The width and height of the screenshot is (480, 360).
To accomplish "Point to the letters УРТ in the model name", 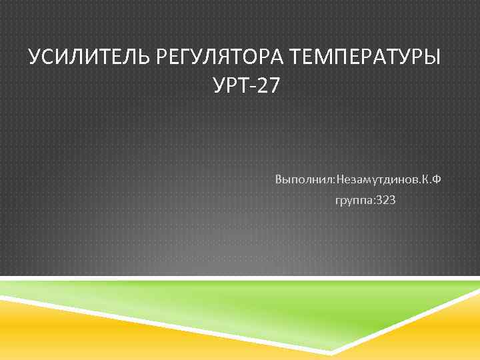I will tap(229, 86).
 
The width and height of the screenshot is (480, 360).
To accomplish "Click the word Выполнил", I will tap(303, 180).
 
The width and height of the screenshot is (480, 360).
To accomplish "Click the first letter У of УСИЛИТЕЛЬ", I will tap(35, 57).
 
